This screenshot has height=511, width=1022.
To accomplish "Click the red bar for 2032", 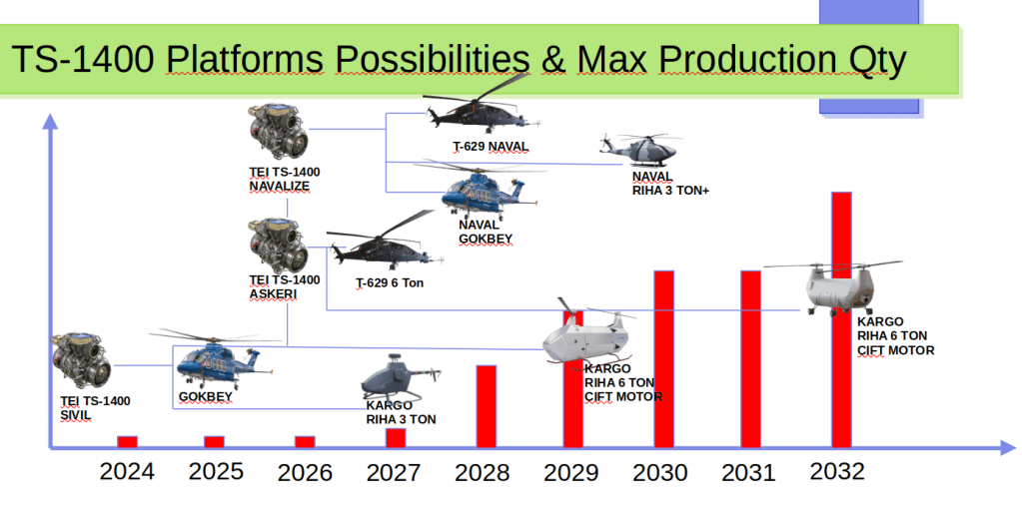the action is pos(841,319).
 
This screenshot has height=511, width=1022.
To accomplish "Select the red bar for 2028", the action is pos(487,407).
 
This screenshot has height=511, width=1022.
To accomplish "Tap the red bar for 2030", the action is pos(663,359).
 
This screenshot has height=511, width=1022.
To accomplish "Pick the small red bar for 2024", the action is pos(127,442).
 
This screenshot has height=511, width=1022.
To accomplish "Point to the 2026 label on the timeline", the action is pos(305,473).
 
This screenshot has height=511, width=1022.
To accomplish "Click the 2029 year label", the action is pos(571,473).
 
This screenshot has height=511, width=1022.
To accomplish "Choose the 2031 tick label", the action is pos(748,473).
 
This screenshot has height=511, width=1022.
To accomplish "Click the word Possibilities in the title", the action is pos(432,59).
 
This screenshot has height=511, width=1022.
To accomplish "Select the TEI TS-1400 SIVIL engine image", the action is pos(82,360).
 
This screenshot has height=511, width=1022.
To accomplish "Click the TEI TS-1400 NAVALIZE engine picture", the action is pos(279,132).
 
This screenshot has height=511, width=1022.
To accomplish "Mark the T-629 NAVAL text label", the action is pos(491,147).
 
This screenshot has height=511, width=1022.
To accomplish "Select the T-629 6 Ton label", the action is pos(390,283).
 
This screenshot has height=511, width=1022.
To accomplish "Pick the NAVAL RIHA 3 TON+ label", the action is pos(670,184).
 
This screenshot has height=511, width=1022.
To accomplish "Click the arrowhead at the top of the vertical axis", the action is pos(50,121).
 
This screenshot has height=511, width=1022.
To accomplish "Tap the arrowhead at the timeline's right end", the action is pos(1008,448).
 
